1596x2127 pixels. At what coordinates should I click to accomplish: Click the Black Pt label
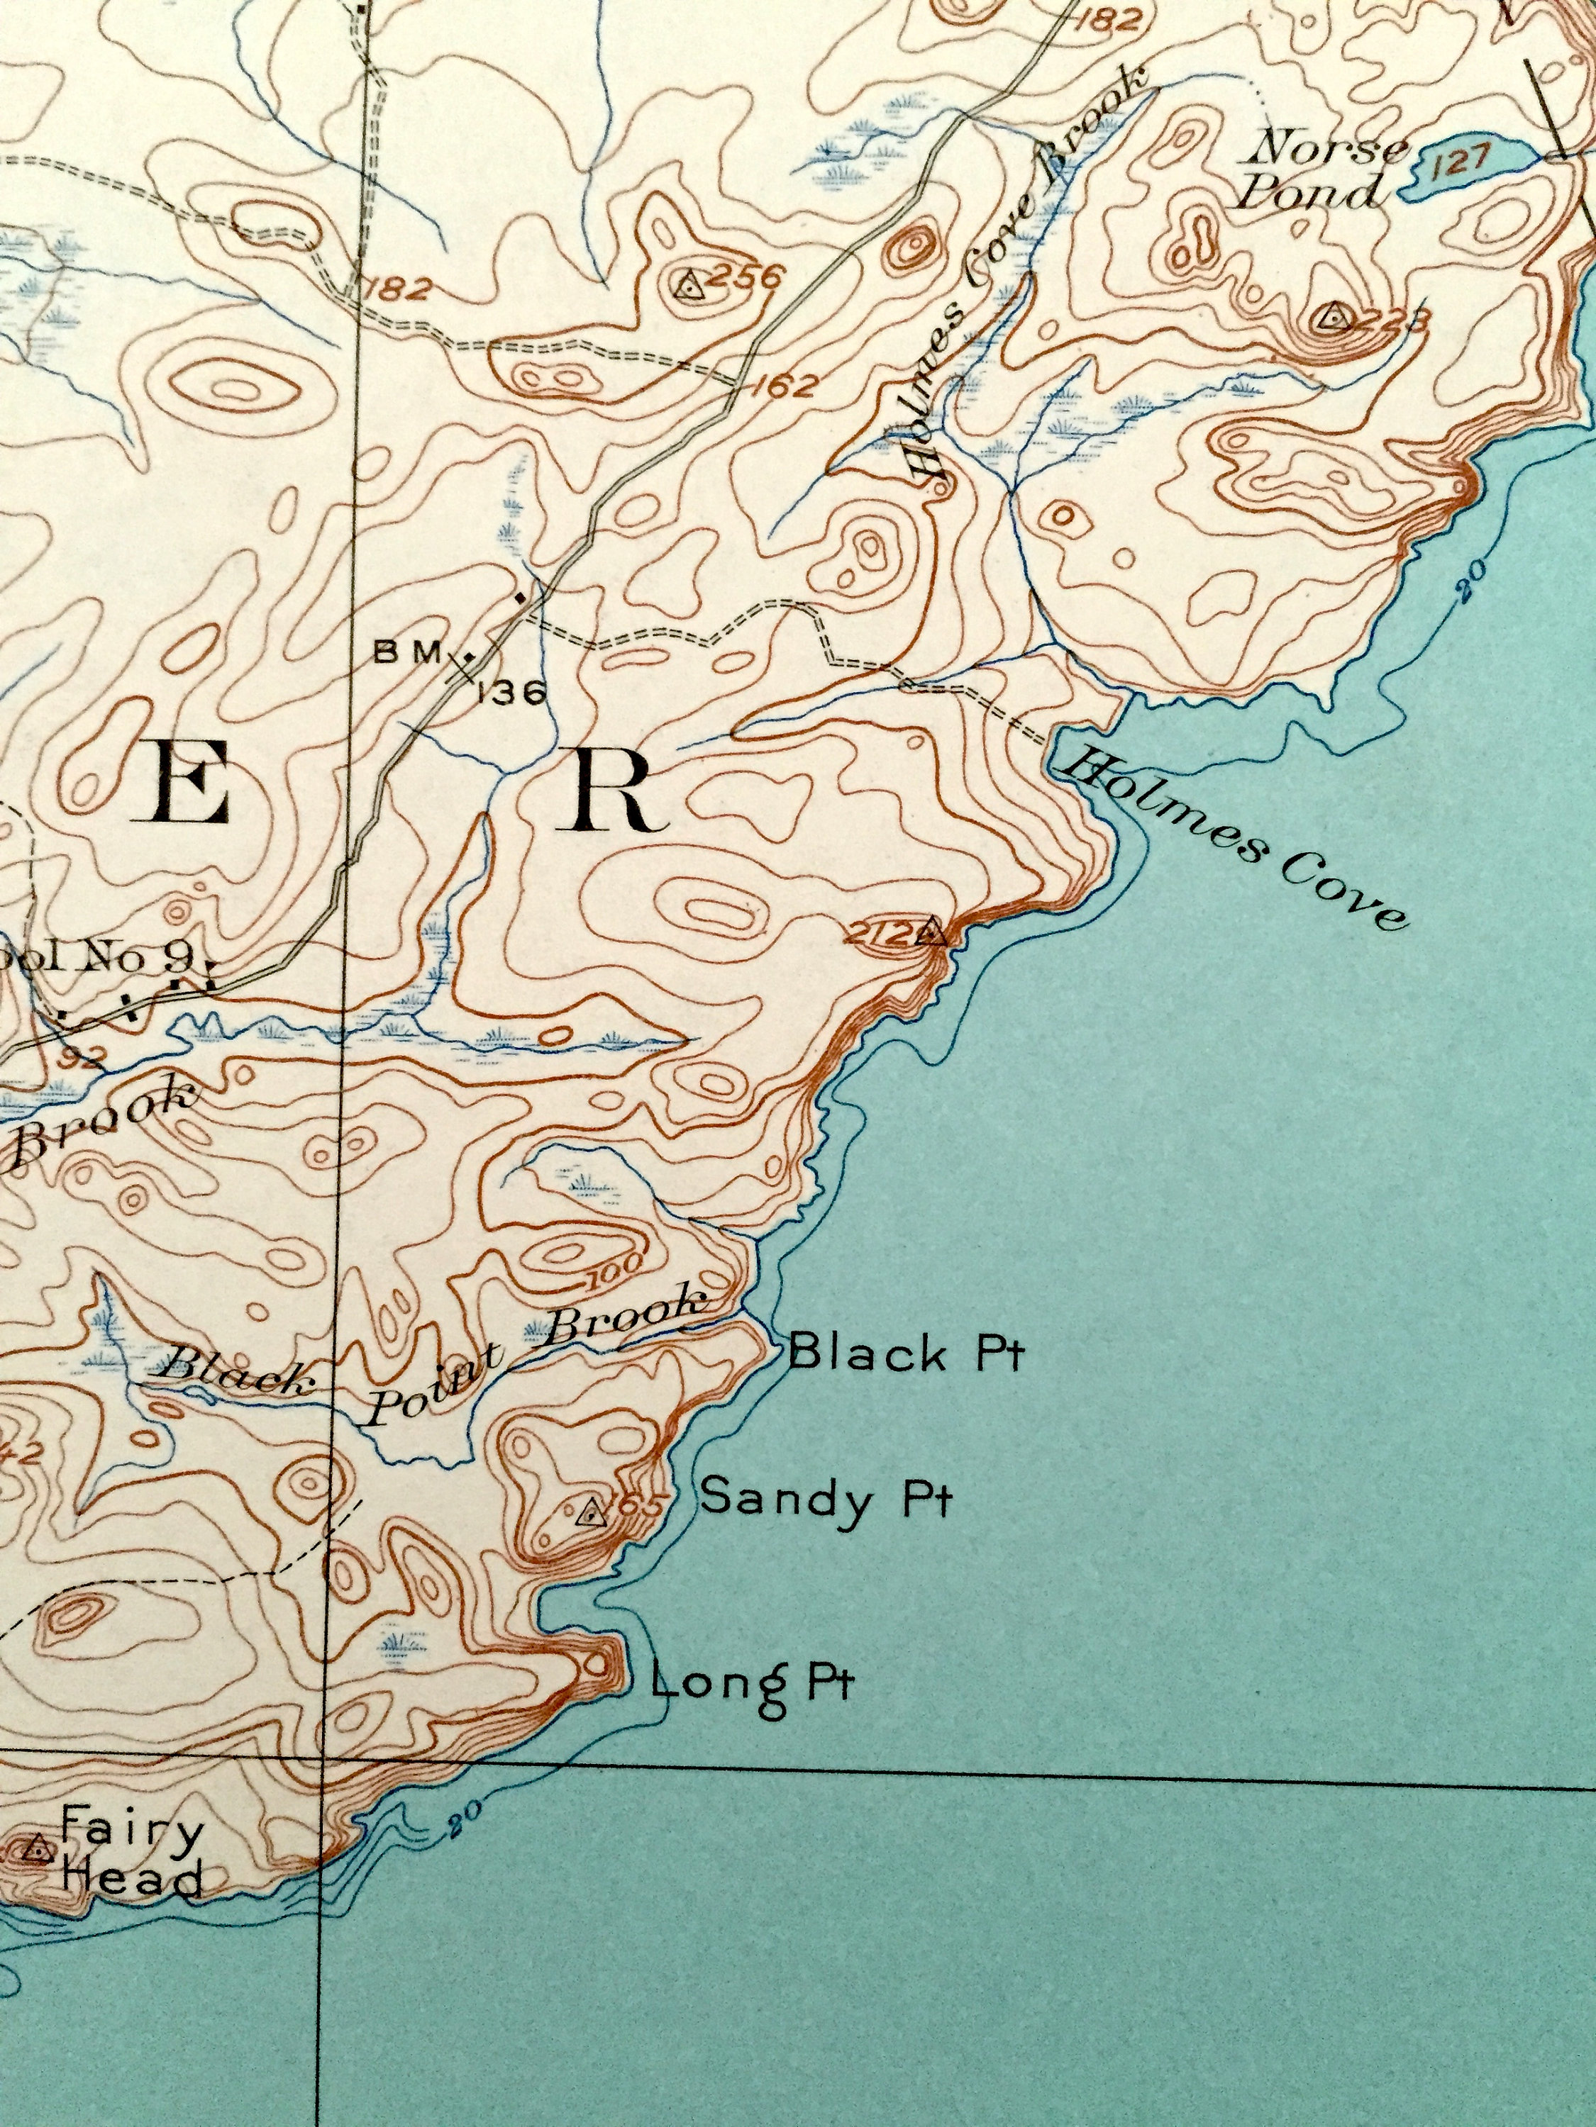[907, 1354]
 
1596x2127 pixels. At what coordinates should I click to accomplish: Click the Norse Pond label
[1324, 171]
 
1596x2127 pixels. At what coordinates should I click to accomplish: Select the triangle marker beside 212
[929, 932]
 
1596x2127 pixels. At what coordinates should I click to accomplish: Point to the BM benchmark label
[407, 653]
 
